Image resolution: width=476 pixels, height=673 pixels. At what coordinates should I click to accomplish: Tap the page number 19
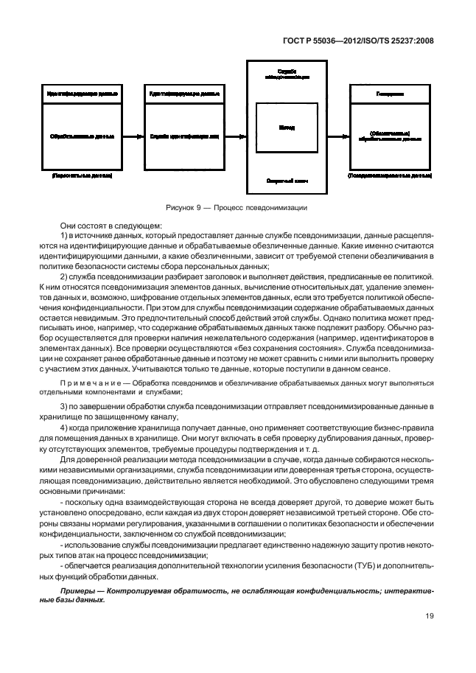pyautogui.click(x=429, y=618)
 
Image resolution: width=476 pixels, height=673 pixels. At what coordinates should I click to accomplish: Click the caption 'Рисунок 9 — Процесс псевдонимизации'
pyautogui.click(x=237, y=207)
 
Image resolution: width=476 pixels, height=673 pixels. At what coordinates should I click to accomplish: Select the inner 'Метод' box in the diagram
pyautogui.click(x=287, y=128)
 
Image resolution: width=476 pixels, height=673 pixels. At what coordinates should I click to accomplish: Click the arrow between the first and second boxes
pyautogui.click(x=131, y=136)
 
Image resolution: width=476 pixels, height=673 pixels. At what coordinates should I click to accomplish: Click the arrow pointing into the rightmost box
pyautogui.click(x=339, y=136)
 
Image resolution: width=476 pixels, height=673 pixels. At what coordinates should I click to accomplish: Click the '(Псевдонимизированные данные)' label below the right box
pyautogui.click(x=389, y=177)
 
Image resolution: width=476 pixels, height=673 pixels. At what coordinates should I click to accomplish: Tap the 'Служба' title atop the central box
pyautogui.click(x=287, y=69)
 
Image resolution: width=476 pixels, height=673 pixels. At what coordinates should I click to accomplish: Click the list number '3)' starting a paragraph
pyautogui.click(x=64, y=406)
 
